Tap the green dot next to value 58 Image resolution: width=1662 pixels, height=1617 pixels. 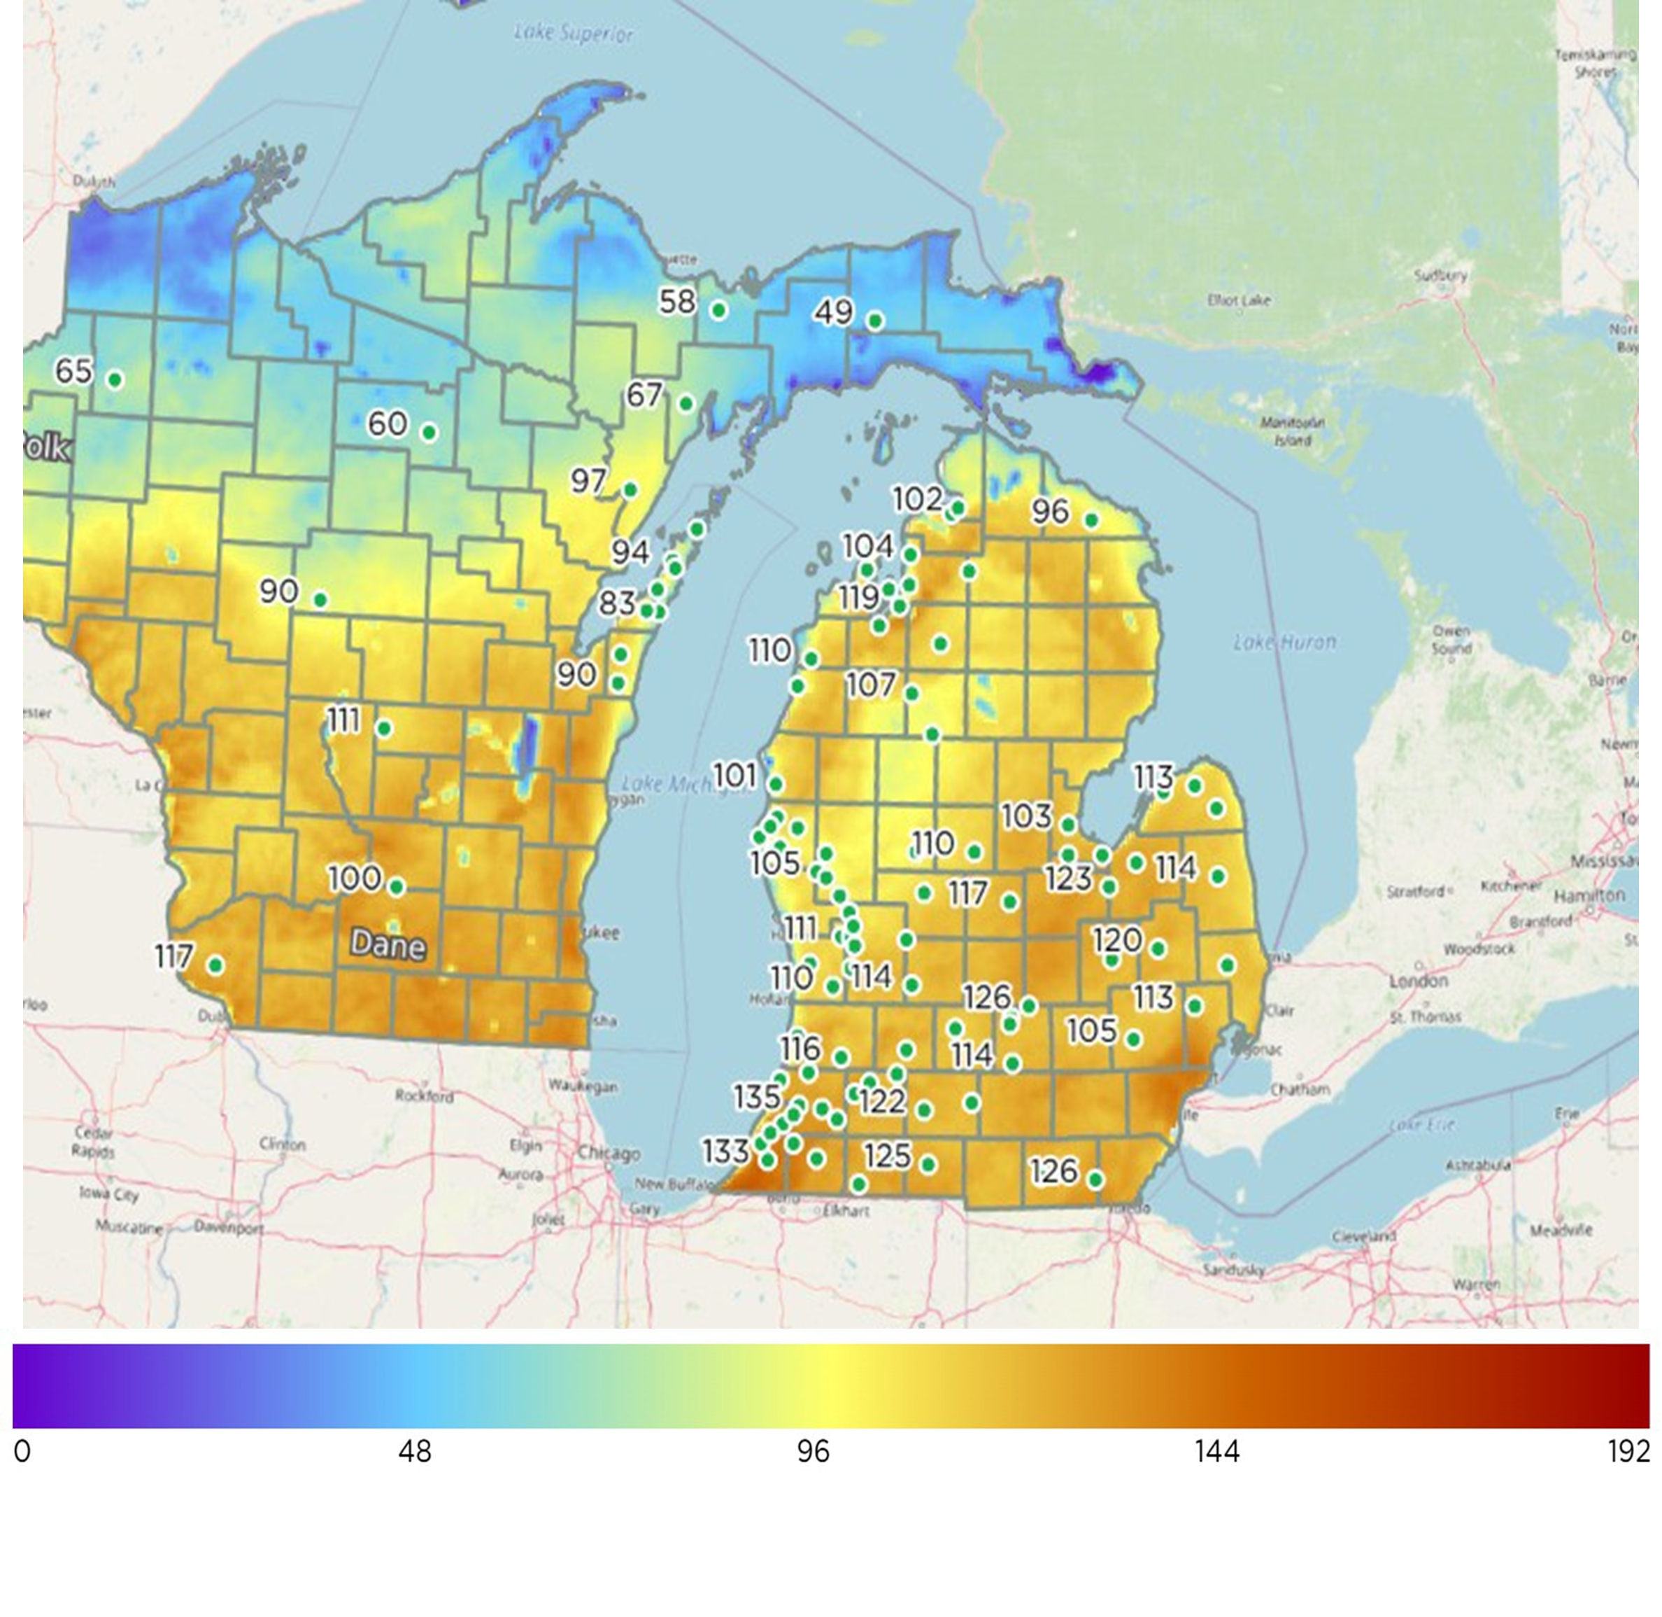pyautogui.click(x=718, y=310)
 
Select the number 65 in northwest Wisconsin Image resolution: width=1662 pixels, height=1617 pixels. pyautogui.click(x=74, y=370)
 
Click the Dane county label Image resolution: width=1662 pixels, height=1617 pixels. pyautogui.click(x=388, y=944)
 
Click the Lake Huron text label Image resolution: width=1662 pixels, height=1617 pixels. pyautogui.click(x=1284, y=642)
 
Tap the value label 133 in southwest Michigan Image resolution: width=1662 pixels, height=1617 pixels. pyautogui.click(x=726, y=1151)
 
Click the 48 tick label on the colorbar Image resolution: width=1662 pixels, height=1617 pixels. pyautogui.click(x=414, y=1451)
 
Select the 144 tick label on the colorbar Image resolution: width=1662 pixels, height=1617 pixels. pyautogui.click(x=1216, y=1451)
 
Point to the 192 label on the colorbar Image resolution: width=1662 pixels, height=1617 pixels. pyautogui.click(x=1628, y=1451)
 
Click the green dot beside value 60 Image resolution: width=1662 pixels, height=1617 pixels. pyautogui.click(x=429, y=433)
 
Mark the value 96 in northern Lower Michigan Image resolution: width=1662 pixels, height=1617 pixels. pyautogui.click(x=1050, y=511)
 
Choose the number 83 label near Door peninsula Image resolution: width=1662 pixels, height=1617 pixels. pyautogui.click(x=617, y=603)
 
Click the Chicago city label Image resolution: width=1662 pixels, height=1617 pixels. pyautogui.click(x=609, y=1154)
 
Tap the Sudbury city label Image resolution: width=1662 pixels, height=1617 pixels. pyautogui.click(x=1440, y=275)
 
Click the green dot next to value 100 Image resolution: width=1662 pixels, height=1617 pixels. pyautogui.click(x=397, y=887)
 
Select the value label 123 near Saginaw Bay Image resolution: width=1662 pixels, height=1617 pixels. pyautogui.click(x=1068, y=879)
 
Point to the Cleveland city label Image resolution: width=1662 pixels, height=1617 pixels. pyautogui.click(x=1363, y=1235)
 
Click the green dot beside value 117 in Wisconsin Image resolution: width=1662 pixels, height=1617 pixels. pyautogui.click(x=215, y=965)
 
